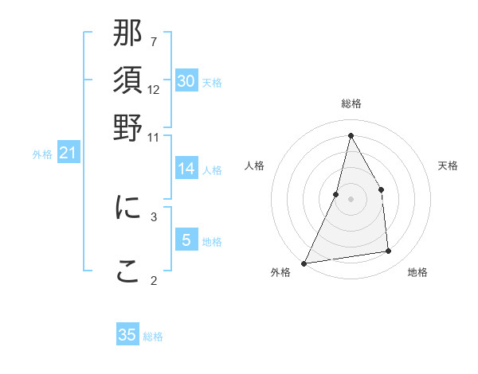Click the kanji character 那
pyautogui.click(x=127, y=36)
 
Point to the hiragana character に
pyautogui.click(x=127, y=207)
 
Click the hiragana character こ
pyautogui.click(x=127, y=271)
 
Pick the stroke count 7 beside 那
pyautogui.click(x=154, y=41)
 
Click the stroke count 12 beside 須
pyautogui.click(x=154, y=89)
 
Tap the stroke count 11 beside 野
pyautogui.click(x=154, y=137)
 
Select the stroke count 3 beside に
pyautogui.click(x=154, y=216)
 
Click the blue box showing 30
pyautogui.click(x=186, y=81)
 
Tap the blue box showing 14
pyautogui.click(x=186, y=169)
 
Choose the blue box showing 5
pyautogui.click(x=186, y=240)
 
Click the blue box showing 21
pyautogui.click(x=68, y=153)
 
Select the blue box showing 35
pyautogui.click(x=127, y=335)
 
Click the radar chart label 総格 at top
pyautogui.click(x=351, y=104)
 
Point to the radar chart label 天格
pyautogui.click(x=448, y=166)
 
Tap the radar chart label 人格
pyautogui.click(x=254, y=166)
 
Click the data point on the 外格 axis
pyautogui.click(x=304, y=263)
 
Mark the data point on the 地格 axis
pyautogui.click(x=389, y=251)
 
